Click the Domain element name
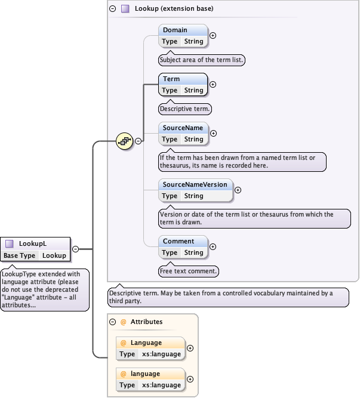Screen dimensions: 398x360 [x=175, y=30]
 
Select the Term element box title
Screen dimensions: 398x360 [x=171, y=79]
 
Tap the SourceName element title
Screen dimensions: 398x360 [x=183, y=128]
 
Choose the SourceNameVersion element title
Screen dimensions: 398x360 [x=195, y=184]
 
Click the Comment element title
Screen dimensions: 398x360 [x=179, y=241]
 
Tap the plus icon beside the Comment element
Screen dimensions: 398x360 [x=213, y=246]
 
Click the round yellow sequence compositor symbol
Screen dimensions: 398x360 [x=124, y=141]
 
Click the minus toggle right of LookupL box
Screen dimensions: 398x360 [x=76, y=249]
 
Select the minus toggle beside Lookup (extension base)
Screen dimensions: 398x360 [x=112, y=9]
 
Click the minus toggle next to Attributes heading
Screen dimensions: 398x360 [x=112, y=322]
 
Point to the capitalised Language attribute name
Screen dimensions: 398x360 [x=146, y=343]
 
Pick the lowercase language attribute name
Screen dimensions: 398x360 [x=145, y=374]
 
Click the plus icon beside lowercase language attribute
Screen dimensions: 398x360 [x=190, y=379]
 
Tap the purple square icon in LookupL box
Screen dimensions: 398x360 [x=10, y=243]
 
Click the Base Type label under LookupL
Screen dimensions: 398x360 [x=19, y=255]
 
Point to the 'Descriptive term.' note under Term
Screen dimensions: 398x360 [x=185, y=109]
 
